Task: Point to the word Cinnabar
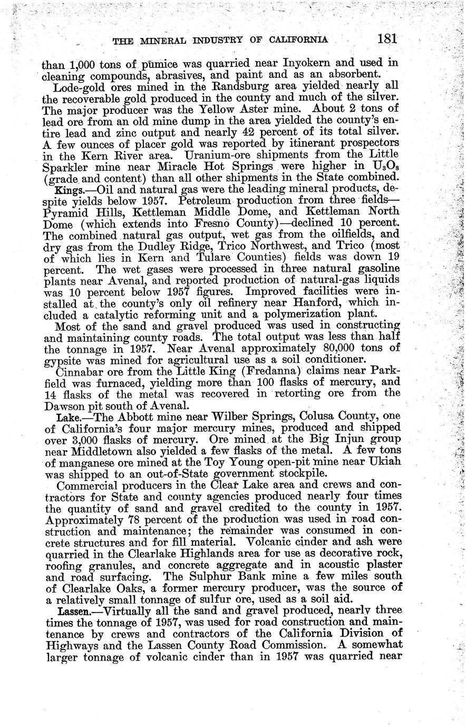click(x=80, y=371)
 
